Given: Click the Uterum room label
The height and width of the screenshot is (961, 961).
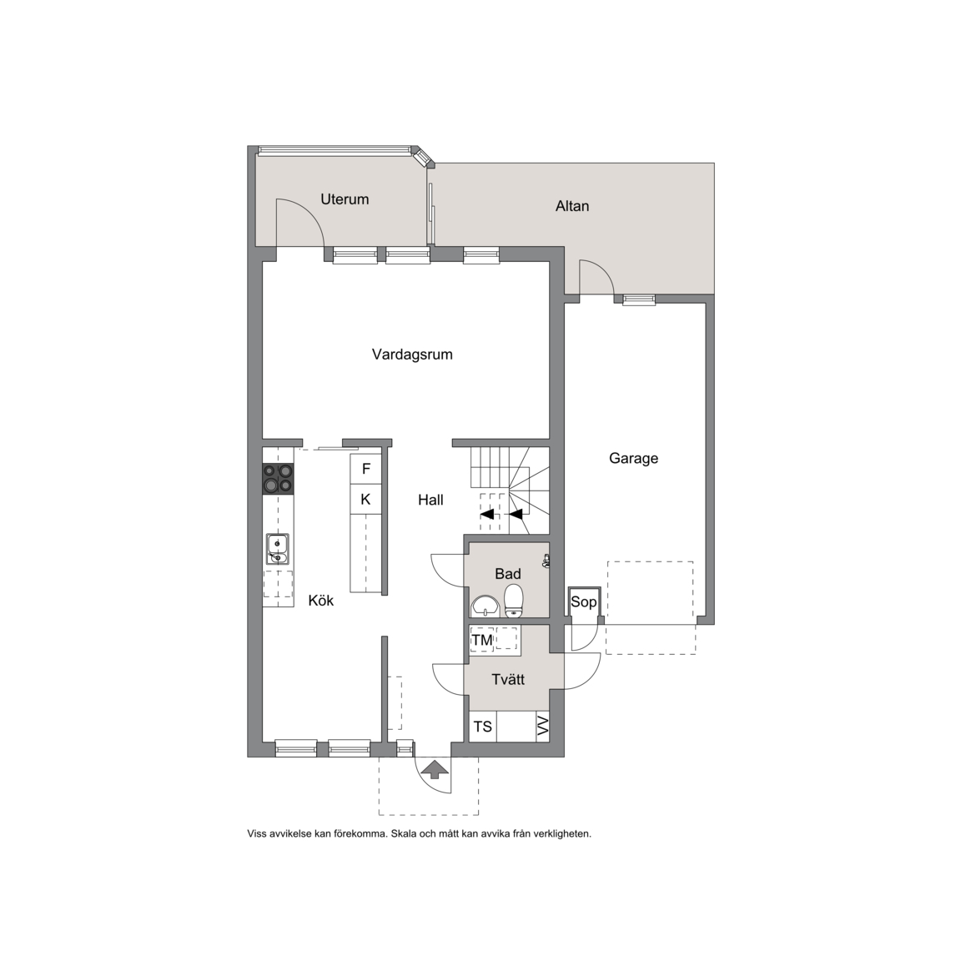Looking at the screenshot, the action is pos(345,199).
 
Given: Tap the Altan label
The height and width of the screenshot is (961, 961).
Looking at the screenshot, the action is pos(571,206).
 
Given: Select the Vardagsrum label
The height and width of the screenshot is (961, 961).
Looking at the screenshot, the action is pos(412,355).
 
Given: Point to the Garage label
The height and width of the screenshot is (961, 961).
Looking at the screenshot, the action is pos(633,459).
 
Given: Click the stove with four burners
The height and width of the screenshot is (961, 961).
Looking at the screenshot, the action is pos(278,479).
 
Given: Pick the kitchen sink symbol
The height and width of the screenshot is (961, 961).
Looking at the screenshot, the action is pos(278,549).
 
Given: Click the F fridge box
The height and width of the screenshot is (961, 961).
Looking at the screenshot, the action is pos(366,469).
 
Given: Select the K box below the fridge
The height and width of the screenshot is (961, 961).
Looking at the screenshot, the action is pos(366,500).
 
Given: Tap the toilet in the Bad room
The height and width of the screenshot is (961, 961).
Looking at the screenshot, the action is pos(513,601).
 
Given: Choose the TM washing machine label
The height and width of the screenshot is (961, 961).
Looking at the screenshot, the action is pos(482,641).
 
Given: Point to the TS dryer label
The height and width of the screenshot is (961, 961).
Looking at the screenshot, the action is pos(482,727).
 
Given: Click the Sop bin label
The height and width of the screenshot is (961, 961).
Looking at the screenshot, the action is pos(583,601).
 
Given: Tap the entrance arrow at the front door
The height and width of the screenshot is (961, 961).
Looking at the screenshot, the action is pos(433,769).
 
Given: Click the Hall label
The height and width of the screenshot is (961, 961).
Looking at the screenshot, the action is pos(430,501).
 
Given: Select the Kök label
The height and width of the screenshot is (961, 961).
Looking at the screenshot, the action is pos(320,601).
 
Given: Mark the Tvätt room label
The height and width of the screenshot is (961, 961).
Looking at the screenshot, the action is pos(508,680).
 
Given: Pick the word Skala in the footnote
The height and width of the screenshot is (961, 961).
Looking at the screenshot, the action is pos(405,833).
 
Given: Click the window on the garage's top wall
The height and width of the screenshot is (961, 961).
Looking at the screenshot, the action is pos(639,299).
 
